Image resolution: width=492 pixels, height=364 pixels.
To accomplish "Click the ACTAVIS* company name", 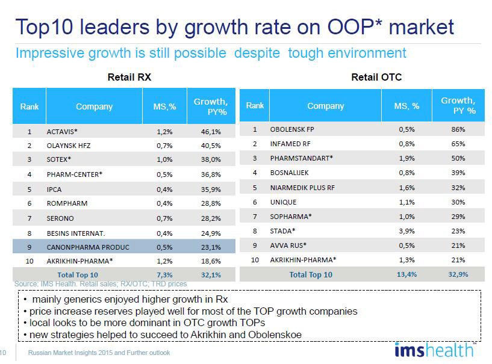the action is click(62, 132).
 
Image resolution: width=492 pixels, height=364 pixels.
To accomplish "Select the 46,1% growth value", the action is click(211, 132).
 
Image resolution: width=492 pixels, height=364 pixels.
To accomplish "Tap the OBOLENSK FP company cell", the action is click(292, 129).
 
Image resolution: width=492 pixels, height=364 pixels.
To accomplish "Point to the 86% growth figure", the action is click(458, 129).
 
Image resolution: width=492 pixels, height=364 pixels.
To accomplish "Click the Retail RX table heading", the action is click(129, 77).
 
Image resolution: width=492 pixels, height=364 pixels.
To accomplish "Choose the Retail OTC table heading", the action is click(376, 77).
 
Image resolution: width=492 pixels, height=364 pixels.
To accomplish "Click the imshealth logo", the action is click(435, 350).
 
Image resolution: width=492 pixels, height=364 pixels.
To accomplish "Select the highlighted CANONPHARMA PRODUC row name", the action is click(88, 247).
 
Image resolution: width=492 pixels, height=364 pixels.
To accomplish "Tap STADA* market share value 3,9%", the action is click(406, 231).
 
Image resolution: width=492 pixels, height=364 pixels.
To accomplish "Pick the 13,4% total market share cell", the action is click(406, 274).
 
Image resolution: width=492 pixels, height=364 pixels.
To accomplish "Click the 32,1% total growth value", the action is click(211, 275).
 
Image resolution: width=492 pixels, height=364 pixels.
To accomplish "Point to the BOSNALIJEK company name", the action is click(289, 173).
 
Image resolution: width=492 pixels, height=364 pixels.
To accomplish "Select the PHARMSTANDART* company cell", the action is click(301, 158).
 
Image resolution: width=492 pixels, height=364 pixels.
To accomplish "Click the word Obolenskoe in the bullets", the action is click(275, 335).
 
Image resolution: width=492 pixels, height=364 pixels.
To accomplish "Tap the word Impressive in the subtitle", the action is click(50, 54).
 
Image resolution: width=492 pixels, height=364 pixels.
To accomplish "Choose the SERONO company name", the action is click(60, 218).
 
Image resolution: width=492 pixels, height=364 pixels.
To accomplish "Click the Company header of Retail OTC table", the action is click(325, 106).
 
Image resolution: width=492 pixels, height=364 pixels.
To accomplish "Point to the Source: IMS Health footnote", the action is click(101, 284).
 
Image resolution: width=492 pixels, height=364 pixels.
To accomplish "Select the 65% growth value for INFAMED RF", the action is click(458, 144).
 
